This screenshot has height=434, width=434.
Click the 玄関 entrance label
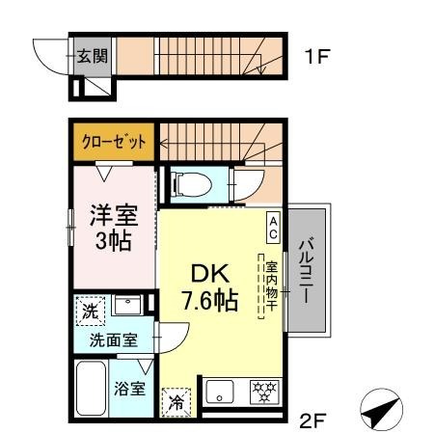(92, 57)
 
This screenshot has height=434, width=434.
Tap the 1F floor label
(317, 57)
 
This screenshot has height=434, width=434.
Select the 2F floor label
(312, 420)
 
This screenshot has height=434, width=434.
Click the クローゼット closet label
(114, 142)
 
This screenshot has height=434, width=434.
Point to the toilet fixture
(191, 184)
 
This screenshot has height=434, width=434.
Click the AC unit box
(273, 228)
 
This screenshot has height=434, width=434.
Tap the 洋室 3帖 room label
(114, 228)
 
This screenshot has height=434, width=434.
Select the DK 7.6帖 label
(210, 286)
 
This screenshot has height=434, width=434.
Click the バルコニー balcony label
(306, 270)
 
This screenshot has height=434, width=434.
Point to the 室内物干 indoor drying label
(272, 286)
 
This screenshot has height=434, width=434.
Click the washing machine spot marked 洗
(91, 312)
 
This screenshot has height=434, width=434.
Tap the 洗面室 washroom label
(114, 340)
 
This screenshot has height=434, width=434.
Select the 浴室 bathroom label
(130, 389)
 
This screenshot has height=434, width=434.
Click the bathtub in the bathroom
(92, 389)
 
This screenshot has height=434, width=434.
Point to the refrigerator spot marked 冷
(176, 402)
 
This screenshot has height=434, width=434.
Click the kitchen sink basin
(220, 392)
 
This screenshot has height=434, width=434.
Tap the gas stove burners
(264, 392)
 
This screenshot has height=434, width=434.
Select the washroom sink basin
(127, 305)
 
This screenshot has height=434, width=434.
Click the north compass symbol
(381, 410)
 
